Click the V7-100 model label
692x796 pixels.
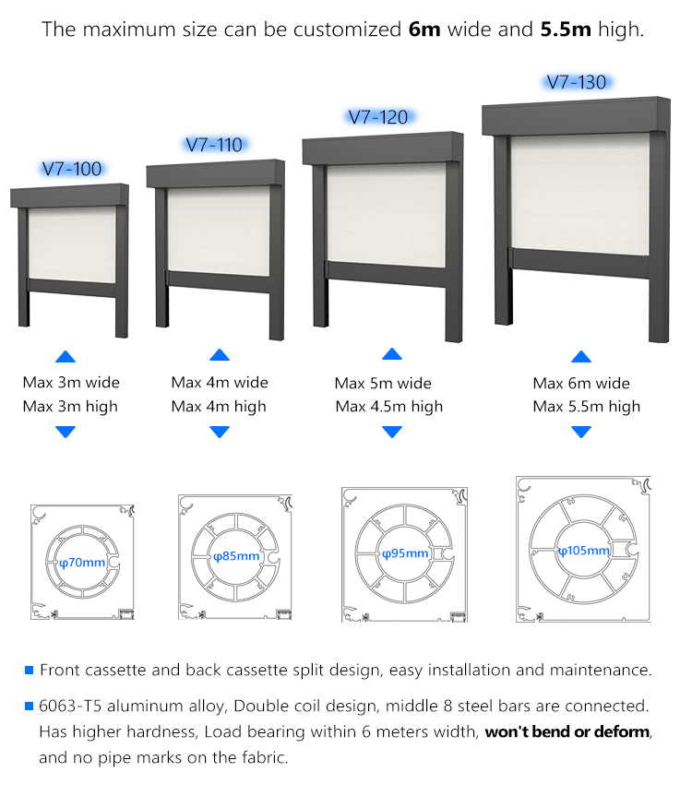(x=72, y=169)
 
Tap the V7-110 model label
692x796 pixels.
(x=214, y=145)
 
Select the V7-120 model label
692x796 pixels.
(x=378, y=118)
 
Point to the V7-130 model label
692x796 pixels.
(x=577, y=82)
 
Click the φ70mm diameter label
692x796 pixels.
(x=82, y=563)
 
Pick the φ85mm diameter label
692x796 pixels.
(x=236, y=556)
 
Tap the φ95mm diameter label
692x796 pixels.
(x=405, y=553)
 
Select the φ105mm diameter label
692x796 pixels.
(x=583, y=551)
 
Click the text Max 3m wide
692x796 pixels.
(x=71, y=382)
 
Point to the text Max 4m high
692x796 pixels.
(x=219, y=407)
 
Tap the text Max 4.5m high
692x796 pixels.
(x=388, y=407)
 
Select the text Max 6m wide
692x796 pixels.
(x=581, y=384)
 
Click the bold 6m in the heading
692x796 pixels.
(x=424, y=30)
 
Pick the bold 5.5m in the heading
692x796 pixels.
(x=566, y=30)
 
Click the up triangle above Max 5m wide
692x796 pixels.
(x=392, y=354)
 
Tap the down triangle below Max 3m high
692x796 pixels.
(x=66, y=432)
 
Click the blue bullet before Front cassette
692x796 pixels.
(x=29, y=671)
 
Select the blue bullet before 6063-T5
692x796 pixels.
(x=29, y=707)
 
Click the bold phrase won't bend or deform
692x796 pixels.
(x=567, y=732)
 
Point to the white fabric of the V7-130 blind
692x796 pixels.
(x=580, y=194)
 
